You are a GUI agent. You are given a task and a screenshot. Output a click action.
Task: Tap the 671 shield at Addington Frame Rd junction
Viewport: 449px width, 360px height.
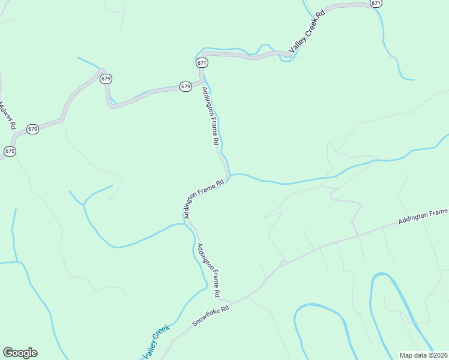point(202,63)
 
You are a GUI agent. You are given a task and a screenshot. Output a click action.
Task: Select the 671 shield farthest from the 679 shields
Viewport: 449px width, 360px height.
point(376,3)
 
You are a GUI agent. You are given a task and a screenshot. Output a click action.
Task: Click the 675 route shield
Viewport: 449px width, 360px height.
point(10,151)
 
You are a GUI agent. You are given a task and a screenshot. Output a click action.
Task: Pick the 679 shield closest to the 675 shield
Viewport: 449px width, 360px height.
point(32,129)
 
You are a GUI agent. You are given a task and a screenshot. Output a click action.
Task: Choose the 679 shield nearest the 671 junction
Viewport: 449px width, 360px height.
point(185,86)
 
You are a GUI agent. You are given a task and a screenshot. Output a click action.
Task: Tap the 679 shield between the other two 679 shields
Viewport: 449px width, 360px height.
point(106,79)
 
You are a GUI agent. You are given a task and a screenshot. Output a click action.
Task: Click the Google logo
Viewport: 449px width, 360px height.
point(20,353)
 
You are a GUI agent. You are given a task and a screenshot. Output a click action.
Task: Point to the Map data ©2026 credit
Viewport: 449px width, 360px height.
point(423,355)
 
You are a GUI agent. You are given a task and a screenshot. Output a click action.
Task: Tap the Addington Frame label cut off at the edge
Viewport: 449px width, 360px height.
point(423,217)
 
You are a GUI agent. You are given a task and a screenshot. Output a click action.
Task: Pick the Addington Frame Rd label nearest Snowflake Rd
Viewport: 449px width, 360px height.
point(208,270)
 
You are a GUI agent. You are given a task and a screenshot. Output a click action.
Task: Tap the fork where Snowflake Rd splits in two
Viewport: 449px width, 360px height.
point(282,262)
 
